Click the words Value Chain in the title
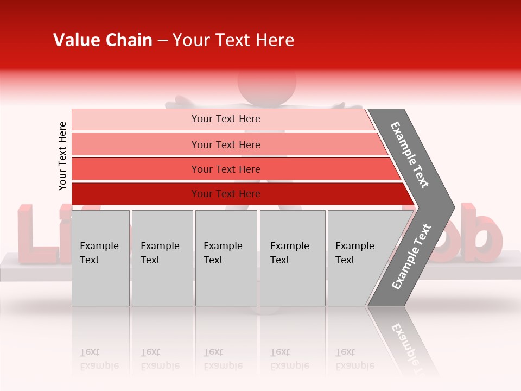[103, 40]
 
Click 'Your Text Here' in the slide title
[233, 40]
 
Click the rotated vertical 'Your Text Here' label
[62, 156]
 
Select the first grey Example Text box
[100, 258]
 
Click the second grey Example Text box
[162, 258]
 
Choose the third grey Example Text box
[226, 258]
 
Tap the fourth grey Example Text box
[293, 258]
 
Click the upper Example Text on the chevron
[410, 155]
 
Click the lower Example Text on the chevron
[411, 257]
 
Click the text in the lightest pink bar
[226, 119]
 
